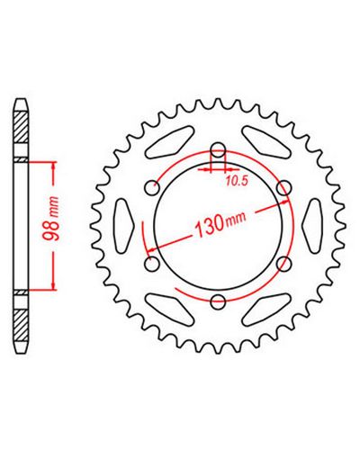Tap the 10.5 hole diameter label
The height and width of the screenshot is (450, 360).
[237, 181]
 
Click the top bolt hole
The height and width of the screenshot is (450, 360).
[218, 150]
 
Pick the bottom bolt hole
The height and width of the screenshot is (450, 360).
[218, 301]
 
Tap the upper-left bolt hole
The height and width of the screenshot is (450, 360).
[152, 188]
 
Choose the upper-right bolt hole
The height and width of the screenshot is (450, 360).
[283, 188]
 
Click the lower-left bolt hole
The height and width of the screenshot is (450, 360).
[152, 264]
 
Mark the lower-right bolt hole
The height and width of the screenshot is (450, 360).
[283, 264]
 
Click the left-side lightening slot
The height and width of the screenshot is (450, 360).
[124, 226]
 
